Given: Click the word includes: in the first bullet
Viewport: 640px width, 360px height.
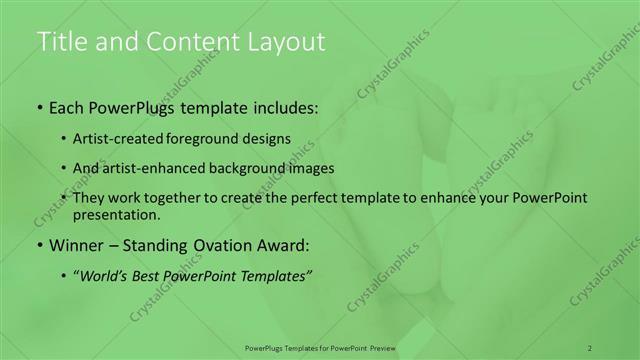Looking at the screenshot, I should point(284,106).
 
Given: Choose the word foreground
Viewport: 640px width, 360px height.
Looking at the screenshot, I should point(211,138).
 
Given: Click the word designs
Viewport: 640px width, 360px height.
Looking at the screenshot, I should point(269,138).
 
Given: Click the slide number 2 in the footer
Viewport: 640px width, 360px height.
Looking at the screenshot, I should point(590,347).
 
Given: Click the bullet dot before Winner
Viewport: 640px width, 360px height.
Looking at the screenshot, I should point(39,245).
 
